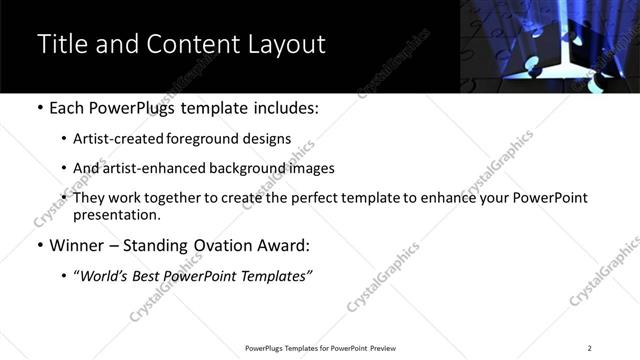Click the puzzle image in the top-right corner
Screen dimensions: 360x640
pyautogui.click(x=549, y=46)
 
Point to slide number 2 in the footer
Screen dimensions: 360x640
pyautogui.click(x=589, y=348)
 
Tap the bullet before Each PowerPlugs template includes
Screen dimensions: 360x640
pyautogui.click(x=39, y=108)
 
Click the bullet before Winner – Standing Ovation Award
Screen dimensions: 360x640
pyautogui.click(x=39, y=245)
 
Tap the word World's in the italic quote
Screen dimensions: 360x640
pyautogui.click(x=105, y=276)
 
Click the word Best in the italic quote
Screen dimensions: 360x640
pyautogui.click(x=156, y=276)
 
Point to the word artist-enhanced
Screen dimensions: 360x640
pyautogui.click(x=146, y=168)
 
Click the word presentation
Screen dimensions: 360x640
pyautogui.click(x=116, y=215)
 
